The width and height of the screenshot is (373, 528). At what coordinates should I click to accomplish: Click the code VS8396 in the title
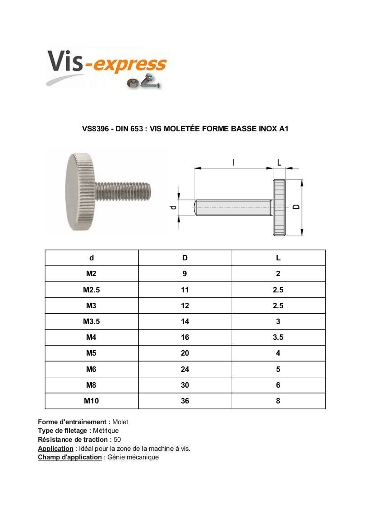pos(94,129)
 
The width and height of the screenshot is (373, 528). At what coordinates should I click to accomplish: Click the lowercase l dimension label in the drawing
pos(234,162)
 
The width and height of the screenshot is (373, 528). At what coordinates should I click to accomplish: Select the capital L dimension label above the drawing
pos(279,162)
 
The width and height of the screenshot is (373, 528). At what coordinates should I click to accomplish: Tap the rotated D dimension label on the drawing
pos(296,206)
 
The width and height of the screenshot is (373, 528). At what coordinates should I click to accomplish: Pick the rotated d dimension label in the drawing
pos(172,208)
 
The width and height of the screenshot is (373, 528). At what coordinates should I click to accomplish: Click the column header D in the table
pos(185,258)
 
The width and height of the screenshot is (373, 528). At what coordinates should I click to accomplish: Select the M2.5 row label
pos(91,290)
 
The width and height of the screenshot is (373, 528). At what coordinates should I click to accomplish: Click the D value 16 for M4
pos(185,337)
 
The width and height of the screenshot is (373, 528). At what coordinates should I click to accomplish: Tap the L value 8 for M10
pos(278,401)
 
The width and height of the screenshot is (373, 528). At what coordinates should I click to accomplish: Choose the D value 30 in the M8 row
pos(185,385)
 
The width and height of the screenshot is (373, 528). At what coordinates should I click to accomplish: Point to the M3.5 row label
pos(91,321)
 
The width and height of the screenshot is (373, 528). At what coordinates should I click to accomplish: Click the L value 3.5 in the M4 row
pos(278,337)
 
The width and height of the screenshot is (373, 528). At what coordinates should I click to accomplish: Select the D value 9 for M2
pos(185,273)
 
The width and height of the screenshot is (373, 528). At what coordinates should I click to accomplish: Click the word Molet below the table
pos(120,422)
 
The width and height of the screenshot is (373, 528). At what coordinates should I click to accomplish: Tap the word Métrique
pos(106,431)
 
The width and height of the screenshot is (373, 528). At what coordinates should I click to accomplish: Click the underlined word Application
pos(55,449)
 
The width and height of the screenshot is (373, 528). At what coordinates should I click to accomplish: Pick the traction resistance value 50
pos(117,439)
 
